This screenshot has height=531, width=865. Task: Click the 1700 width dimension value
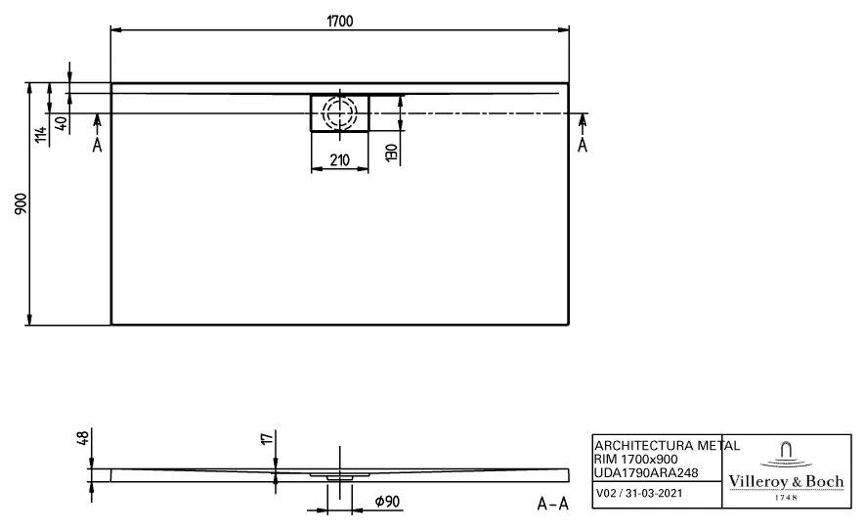click(340, 21)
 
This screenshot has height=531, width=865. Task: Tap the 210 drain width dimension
click(339, 159)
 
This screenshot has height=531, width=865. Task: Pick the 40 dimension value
click(62, 124)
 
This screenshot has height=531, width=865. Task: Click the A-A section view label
click(553, 504)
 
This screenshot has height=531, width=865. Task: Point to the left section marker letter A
click(96, 146)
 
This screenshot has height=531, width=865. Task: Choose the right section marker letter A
click(584, 146)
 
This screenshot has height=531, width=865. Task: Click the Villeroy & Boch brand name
click(786, 481)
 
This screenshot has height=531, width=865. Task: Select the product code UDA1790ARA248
click(645, 472)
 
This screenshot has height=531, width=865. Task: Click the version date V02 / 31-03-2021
click(640, 494)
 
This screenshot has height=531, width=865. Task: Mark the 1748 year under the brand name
click(786, 497)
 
